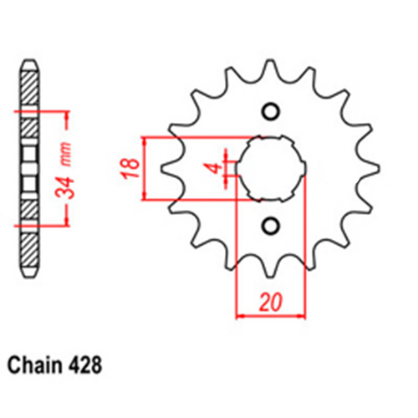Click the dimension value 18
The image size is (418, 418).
click(128, 167)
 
